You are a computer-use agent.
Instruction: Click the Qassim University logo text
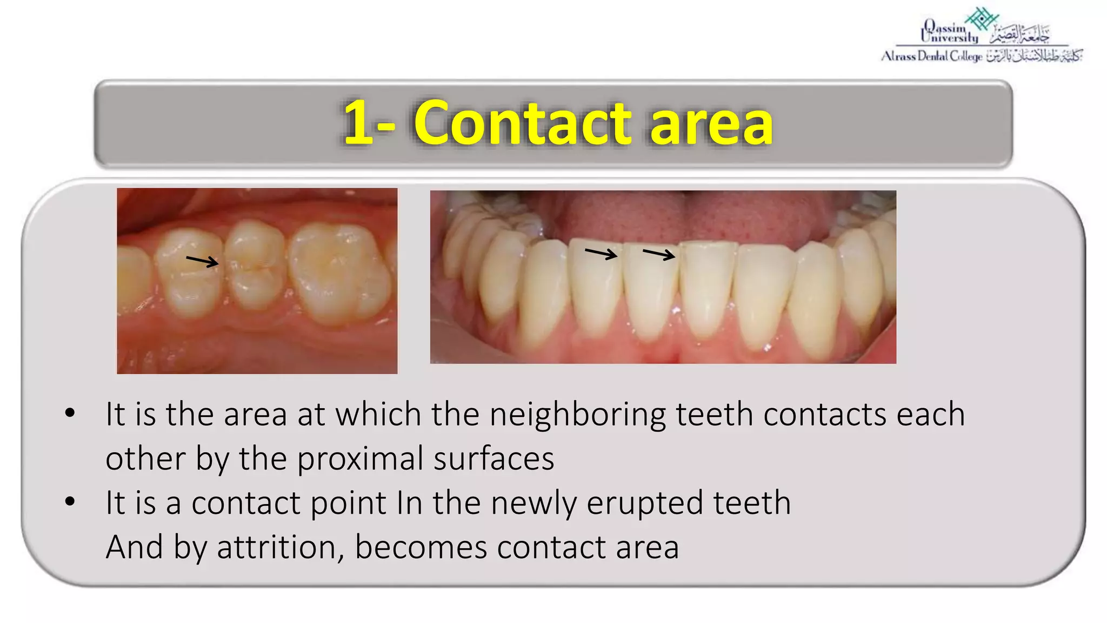pyautogui.click(x=950, y=32)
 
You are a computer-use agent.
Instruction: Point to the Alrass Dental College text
pyautogui.click(x=931, y=56)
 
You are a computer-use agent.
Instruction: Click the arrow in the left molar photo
pyautogui.click(x=202, y=261)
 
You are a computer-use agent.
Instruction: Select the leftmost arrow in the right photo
pyautogui.click(x=601, y=253)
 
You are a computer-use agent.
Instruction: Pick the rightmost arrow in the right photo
pyautogui.click(x=659, y=254)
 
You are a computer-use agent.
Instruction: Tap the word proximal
pyautogui.click(x=359, y=459)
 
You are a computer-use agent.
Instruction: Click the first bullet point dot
pyautogui.click(x=70, y=414)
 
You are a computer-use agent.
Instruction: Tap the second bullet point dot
pyautogui.click(x=70, y=502)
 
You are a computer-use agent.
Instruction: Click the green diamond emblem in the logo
pyautogui.click(x=982, y=18)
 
